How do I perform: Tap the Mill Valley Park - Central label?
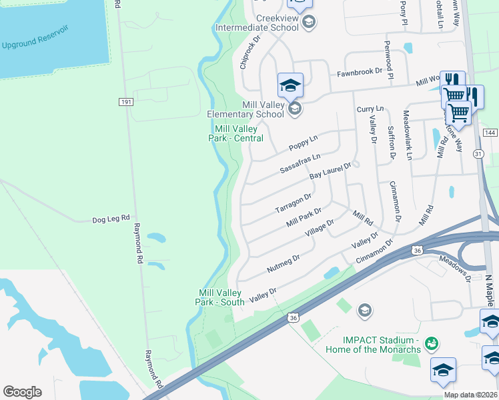point(238,133)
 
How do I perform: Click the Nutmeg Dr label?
point(284,261)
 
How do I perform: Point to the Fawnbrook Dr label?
point(359,71)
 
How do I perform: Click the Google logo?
point(22,392)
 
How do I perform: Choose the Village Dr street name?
point(319,229)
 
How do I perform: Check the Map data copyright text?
point(470,395)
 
